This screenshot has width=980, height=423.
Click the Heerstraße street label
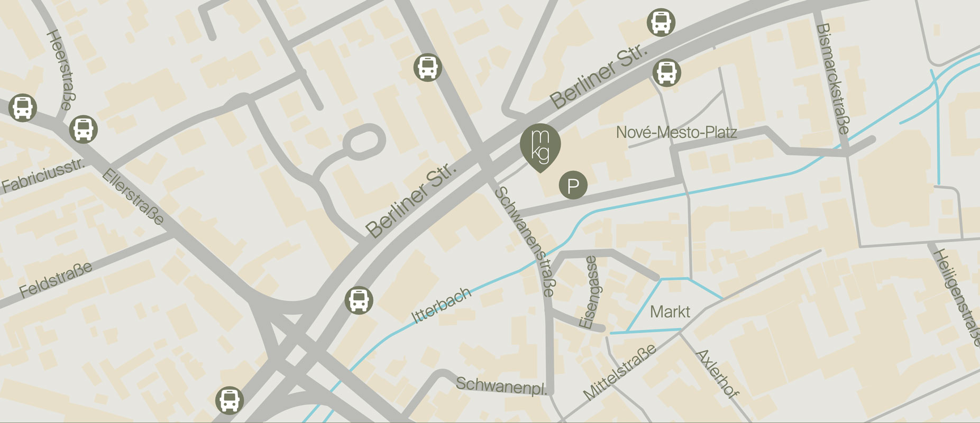pos(59,69)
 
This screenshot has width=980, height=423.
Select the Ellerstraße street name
pos(133,197)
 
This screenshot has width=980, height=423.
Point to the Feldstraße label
pos(56,279)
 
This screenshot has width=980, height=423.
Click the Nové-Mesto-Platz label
pos(676,132)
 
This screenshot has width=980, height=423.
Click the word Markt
pos(670,311)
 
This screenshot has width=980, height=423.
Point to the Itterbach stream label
pos(441,305)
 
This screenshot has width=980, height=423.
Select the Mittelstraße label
pos(619,371)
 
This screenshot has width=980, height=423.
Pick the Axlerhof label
pos(717,373)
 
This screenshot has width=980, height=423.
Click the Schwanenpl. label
pos(501,385)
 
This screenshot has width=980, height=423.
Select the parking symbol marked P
pos(573,186)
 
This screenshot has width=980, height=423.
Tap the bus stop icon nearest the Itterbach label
pos(359,300)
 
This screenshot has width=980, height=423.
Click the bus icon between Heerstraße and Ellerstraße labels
pos(84,128)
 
